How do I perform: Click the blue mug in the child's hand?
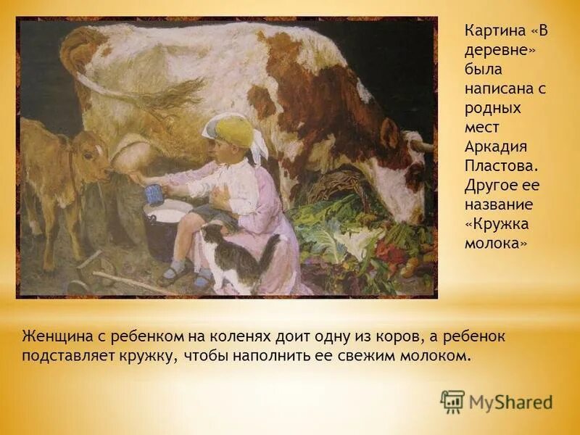point(153,194)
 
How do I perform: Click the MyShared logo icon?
point(452,401)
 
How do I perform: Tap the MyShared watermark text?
point(510,402)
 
